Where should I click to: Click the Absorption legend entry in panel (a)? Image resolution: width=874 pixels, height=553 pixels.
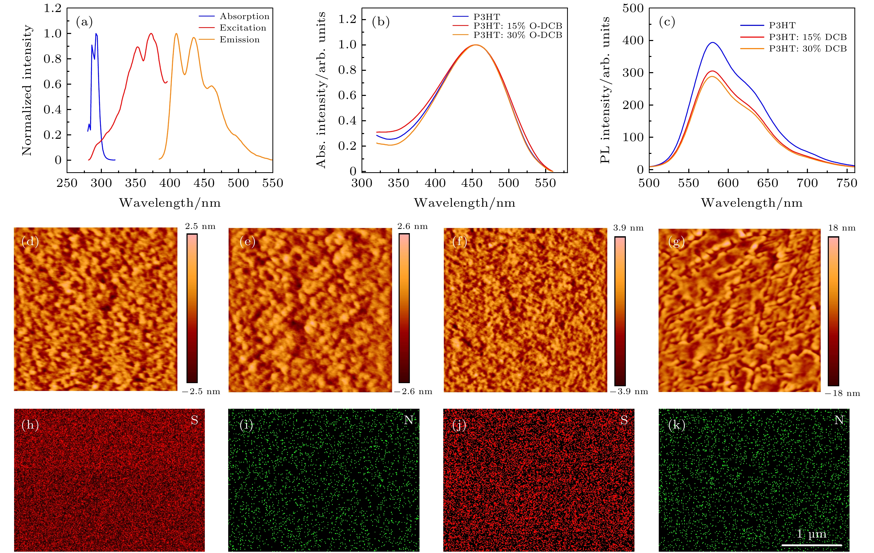(x=244, y=16)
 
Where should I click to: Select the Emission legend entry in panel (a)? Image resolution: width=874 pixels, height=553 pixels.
(x=240, y=39)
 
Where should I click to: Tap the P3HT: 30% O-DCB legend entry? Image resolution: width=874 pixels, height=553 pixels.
(x=517, y=35)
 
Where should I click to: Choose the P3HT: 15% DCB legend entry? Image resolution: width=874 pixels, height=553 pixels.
(x=808, y=37)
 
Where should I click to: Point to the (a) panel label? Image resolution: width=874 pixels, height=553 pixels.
(x=84, y=22)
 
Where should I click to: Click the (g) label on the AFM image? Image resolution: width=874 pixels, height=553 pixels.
(x=676, y=242)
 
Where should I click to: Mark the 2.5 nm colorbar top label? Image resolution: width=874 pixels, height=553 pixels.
(x=200, y=227)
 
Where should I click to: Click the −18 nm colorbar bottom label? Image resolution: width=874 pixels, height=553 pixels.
(x=842, y=393)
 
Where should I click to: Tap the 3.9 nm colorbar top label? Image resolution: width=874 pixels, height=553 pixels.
(x=628, y=228)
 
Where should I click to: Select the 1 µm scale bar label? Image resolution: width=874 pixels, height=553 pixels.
(x=811, y=534)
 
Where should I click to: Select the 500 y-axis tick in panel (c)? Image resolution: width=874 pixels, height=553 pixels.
(x=633, y=8)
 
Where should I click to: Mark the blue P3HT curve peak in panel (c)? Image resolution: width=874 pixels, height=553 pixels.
(x=713, y=43)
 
